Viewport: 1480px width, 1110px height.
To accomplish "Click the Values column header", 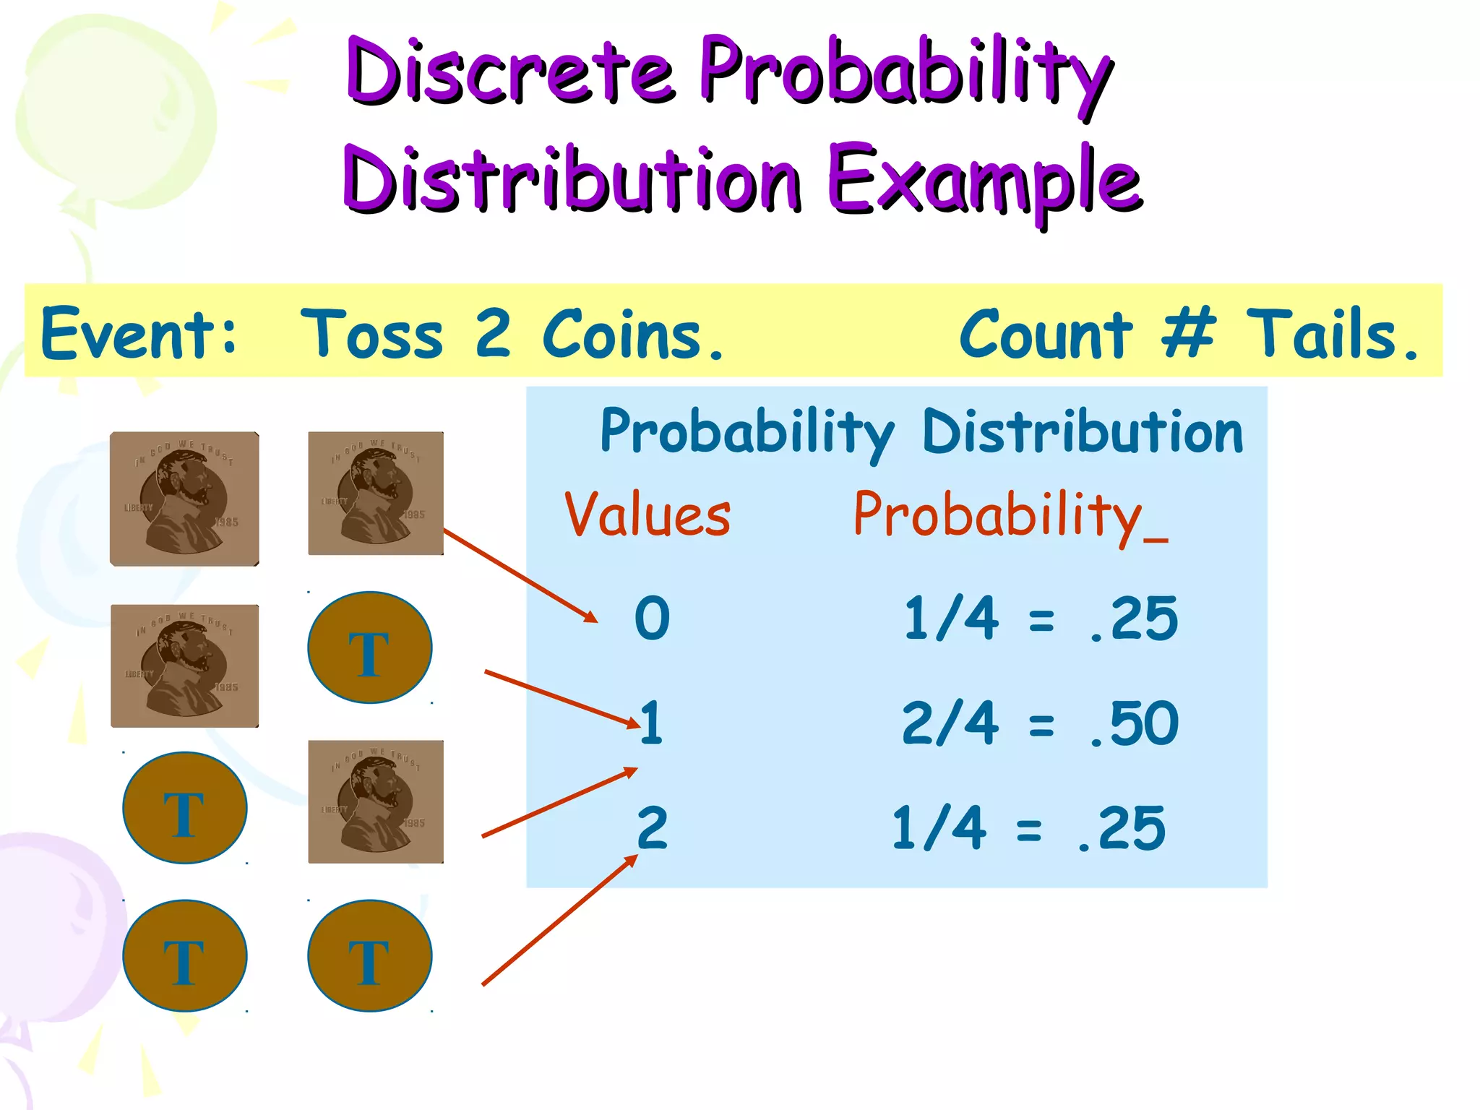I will [x=647, y=515].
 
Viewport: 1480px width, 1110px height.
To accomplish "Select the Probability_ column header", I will [x=1010, y=515].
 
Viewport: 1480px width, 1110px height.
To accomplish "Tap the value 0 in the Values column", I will [x=652, y=619].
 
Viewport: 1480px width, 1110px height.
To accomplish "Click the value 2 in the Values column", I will [x=652, y=828].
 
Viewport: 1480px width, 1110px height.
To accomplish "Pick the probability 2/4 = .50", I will [x=1039, y=723].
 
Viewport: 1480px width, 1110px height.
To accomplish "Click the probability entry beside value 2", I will [x=1028, y=828].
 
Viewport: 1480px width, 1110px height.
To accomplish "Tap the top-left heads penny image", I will [x=184, y=499].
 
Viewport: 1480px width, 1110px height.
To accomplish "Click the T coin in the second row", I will [x=369, y=647].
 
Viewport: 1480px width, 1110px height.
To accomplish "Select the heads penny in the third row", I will [x=376, y=801].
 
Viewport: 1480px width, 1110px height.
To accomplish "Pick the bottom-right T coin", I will [x=369, y=955].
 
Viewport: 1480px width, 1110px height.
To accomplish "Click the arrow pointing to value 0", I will [x=520, y=575].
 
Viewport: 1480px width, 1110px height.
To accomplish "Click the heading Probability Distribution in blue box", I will [x=921, y=432].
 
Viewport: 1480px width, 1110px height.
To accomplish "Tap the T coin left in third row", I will [x=184, y=808].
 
